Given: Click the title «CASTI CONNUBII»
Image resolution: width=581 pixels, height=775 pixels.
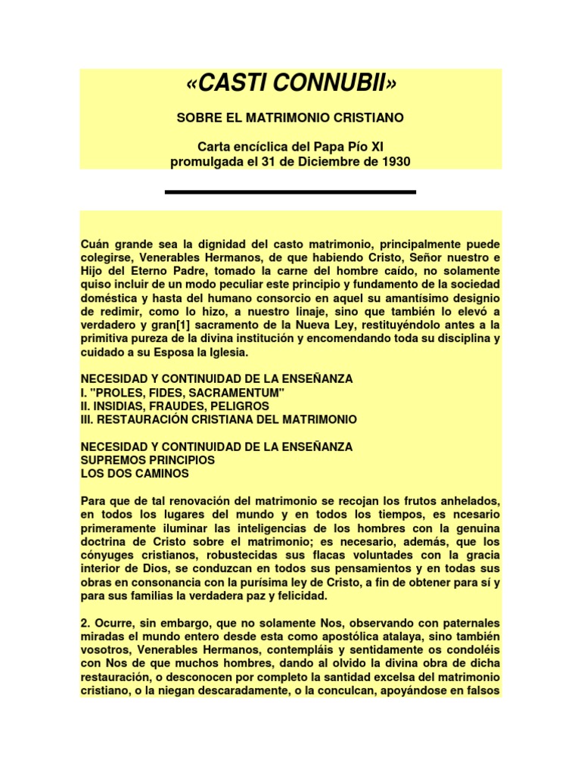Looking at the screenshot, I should click(x=290, y=86).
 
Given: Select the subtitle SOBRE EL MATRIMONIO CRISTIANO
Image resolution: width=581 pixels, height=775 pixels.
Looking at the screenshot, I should click(x=290, y=118).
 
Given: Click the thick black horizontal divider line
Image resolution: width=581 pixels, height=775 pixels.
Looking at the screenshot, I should click(x=290, y=192).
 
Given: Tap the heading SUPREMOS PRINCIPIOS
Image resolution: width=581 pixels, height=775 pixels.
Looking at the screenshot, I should click(x=148, y=460).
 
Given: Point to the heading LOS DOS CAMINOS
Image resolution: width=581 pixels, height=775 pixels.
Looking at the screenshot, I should click(x=134, y=474).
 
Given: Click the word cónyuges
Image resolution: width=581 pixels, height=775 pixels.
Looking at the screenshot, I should click(x=107, y=556).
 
